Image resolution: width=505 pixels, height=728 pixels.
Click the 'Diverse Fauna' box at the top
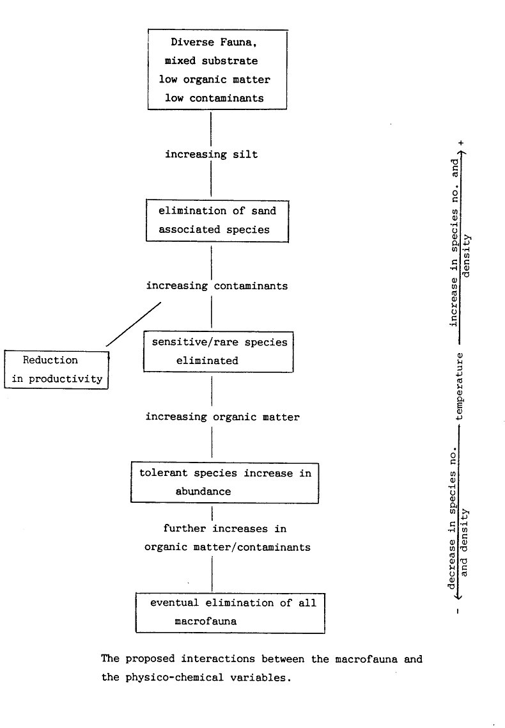click(x=211, y=70)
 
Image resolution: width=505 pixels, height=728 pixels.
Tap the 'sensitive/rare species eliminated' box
click(x=218, y=351)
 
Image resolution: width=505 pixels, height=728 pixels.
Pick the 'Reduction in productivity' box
click(x=56, y=369)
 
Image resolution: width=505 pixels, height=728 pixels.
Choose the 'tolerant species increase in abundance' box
click(x=224, y=482)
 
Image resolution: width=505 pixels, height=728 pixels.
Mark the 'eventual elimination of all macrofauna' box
click(x=229, y=612)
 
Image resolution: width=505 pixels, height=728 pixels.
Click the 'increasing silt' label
click(x=211, y=154)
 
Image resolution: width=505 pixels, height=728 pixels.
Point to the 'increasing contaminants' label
click(x=217, y=285)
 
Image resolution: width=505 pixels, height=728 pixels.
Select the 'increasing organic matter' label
click(x=222, y=416)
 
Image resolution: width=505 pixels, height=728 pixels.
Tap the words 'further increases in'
click(x=224, y=528)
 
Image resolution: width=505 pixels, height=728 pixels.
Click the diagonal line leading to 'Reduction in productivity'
click(x=134, y=324)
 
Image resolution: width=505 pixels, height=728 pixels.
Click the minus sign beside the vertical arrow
click(x=459, y=610)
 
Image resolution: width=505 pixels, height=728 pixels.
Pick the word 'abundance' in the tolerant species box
click(x=203, y=492)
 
